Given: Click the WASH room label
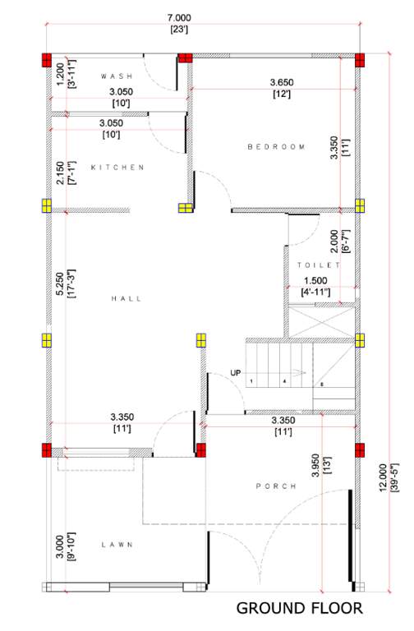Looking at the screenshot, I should pyautogui.click(x=117, y=76).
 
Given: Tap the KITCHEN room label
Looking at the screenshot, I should pyautogui.click(x=117, y=168).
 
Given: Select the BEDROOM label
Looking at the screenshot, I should pyautogui.click(x=276, y=147).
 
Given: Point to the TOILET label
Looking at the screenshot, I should pyautogui.click(x=319, y=266).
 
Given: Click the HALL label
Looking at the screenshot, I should pyautogui.click(x=126, y=299).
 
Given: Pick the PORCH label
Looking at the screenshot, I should pyautogui.click(x=276, y=486).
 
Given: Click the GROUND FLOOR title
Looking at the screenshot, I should pyautogui.click(x=299, y=609).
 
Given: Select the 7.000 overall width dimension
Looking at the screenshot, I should pyautogui.click(x=178, y=17).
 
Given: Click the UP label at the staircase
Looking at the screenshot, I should pyautogui.click(x=236, y=374).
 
